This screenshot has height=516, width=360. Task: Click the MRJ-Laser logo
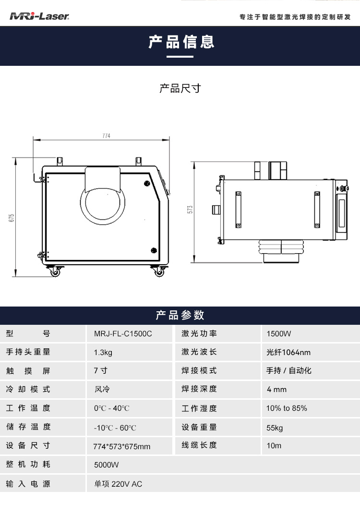click(40, 17)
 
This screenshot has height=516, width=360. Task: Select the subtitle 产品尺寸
click(180, 88)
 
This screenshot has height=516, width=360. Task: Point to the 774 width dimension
click(106, 136)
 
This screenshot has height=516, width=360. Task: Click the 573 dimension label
click(190, 209)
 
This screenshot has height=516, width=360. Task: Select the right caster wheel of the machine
click(158, 272)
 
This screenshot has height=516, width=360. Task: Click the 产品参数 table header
click(180, 315)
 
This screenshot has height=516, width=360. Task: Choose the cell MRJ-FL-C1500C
click(123, 333)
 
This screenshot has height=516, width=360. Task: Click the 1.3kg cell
click(103, 352)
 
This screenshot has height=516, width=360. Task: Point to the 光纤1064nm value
click(288, 352)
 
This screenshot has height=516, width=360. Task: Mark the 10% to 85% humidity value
click(287, 408)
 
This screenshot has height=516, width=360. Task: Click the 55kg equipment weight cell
click(275, 427)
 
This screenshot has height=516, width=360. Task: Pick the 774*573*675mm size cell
click(122, 446)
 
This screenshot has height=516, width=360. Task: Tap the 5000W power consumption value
click(107, 465)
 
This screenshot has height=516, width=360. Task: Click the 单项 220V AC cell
click(118, 484)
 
